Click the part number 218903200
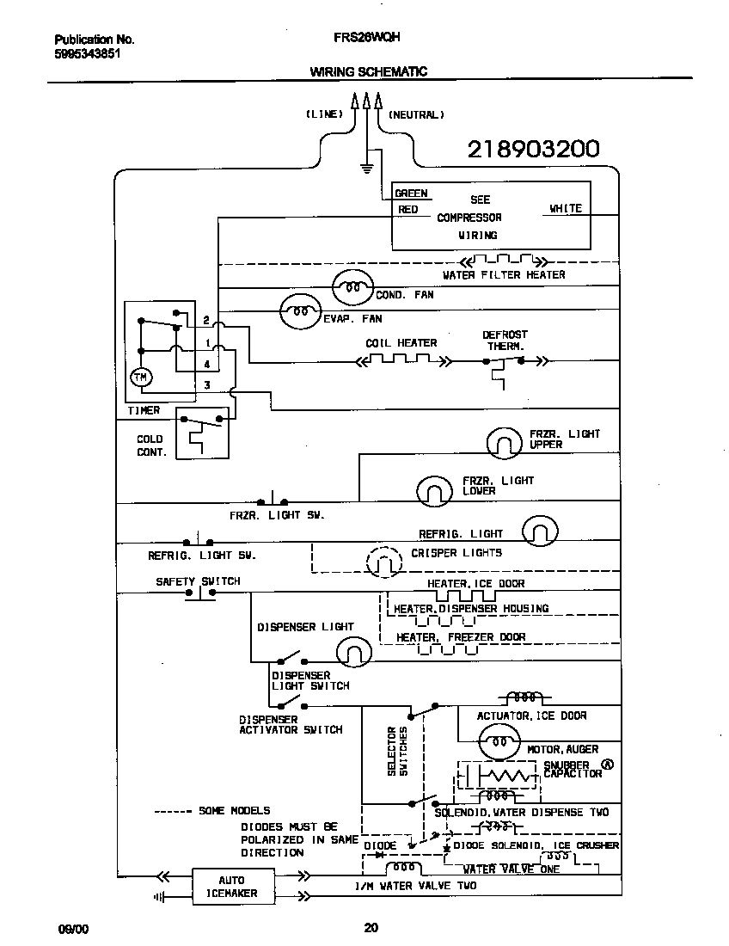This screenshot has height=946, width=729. click(533, 150)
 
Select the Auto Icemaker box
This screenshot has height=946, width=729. click(231, 886)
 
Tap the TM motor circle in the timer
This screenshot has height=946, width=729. click(139, 377)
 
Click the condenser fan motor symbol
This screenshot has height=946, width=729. click(352, 288)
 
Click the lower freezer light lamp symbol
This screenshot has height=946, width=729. click(435, 490)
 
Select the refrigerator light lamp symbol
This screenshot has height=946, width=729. click(540, 531)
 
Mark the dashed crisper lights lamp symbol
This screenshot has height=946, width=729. click(384, 562)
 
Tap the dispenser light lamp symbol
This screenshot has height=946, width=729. click(352, 653)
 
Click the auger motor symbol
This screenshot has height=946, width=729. click(498, 740)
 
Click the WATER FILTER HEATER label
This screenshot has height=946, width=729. click(504, 275)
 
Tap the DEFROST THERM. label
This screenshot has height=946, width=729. click(505, 340)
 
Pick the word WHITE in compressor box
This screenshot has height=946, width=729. click(566, 208)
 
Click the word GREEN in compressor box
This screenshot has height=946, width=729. click(412, 193)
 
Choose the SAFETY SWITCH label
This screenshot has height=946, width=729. click(198, 581)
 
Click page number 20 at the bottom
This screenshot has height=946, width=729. click(371, 927)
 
